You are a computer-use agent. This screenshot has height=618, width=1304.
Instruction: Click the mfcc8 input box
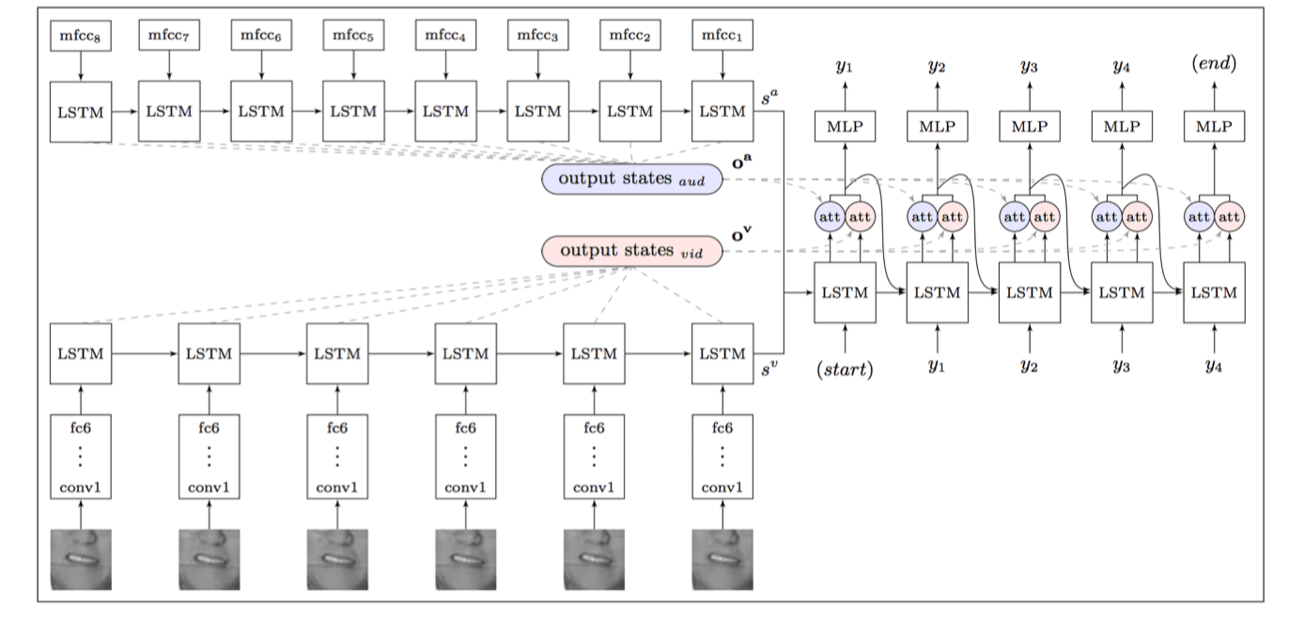[x=81, y=36]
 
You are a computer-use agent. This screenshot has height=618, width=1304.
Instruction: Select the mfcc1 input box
[x=722, y=36]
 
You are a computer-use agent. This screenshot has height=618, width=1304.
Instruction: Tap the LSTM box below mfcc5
[x=353, y=111]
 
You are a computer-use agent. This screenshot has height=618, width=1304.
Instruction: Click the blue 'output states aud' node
[x=631, y=178]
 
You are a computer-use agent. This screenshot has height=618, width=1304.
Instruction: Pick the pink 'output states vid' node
[x=631, y=251]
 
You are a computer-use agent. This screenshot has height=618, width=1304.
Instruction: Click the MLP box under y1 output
[x=845, y=126]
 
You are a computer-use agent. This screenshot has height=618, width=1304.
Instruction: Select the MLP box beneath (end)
[x=1215, y=126]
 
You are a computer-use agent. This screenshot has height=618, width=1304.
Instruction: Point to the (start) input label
[x=845, y=369]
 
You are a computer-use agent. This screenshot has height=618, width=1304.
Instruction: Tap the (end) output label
[x=1215, y=63]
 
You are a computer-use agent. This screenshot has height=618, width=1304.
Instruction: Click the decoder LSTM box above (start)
[x=845, y=292]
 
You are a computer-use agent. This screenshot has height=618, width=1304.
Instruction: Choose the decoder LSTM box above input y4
[x=1215, y=292]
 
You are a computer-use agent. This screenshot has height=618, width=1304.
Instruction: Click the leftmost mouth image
[x=81, y=559]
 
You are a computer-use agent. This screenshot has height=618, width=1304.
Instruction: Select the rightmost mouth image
[x=722, y=559]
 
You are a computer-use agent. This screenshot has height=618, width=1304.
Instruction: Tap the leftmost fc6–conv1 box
[x=81, y=456]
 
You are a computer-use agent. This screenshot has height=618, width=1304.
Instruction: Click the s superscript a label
[x=769, y=97]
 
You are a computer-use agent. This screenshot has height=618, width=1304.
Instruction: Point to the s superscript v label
[x=769, y=368]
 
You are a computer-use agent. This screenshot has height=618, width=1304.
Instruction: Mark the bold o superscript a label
[x=741, y=162]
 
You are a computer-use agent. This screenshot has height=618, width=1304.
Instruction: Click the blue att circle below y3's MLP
[x=1015, y=217]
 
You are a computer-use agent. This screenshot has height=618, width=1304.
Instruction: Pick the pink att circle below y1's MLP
[x=860, y=217]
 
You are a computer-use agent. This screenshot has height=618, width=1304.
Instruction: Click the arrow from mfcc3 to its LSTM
[x=538, y=66]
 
